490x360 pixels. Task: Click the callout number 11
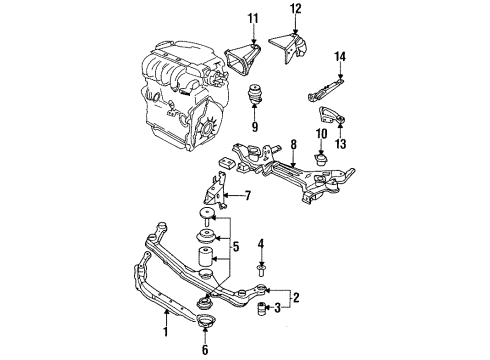[253, 18]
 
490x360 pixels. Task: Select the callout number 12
[295, 8]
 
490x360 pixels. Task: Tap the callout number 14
[340, 56]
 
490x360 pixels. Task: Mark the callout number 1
[165, 332]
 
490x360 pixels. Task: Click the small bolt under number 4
[261, 270]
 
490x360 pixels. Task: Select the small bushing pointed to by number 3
[262, 308]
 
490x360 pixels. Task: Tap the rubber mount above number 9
[255, 94]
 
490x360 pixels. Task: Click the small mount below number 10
[321, 159]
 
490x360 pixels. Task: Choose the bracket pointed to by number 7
[214, 191]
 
